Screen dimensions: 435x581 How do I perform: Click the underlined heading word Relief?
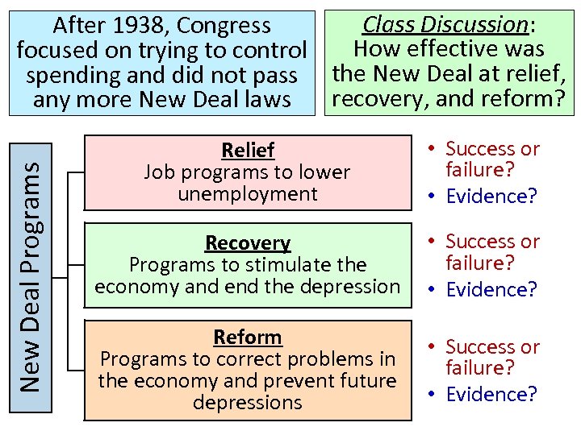point(248,151)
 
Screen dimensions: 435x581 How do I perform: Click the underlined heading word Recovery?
point(248,243)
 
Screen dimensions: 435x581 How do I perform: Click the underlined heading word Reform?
point(248,337)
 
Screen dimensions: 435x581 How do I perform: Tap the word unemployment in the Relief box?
point(248,194)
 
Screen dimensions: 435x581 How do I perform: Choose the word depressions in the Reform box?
point(248,402)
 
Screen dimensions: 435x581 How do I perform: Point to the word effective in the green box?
point(449,50)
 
